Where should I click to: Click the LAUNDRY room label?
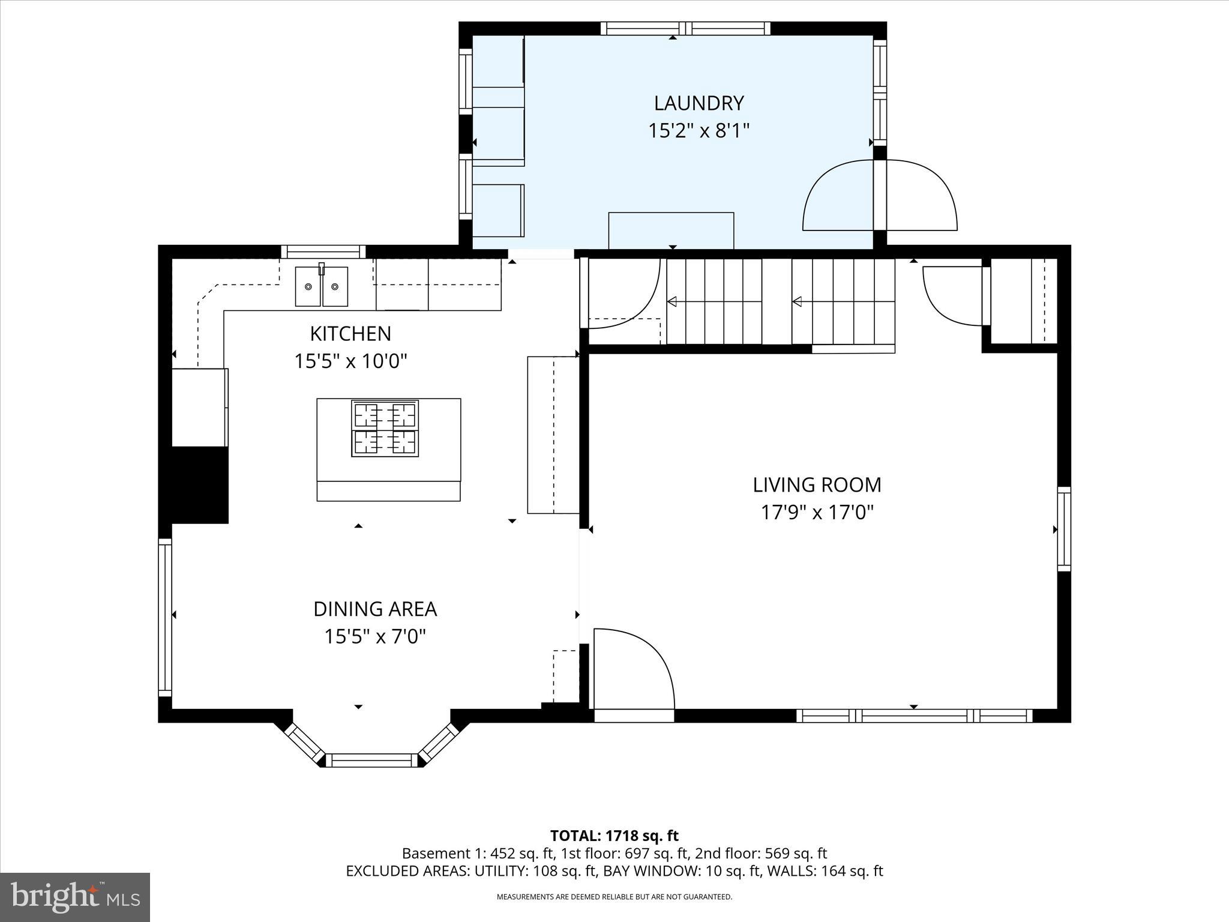click(x=699, y=103)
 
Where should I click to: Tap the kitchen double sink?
click(x=321, y=286)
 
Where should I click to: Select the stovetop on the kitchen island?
click(x=385, y=429)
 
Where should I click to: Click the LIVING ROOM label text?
click(x=817, y=484)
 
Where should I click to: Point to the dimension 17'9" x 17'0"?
click(x=817, y=512)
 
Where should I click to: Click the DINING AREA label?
click(x=374, y=609)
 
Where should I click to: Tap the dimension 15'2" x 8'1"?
click(x=699, y=130)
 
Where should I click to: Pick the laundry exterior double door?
click(x=880, y=195)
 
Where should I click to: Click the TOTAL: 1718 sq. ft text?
click(x=614, y=836)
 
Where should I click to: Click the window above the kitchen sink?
click(x=323, y=252)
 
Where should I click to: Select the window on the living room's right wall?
click(x=1063, y=529)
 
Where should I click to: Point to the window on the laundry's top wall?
click(x=685, y=28)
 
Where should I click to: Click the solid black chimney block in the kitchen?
click(x=199, y=485)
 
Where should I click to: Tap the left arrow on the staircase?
click(x=673, y=301)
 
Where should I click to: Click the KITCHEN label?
click(x=350, y=334)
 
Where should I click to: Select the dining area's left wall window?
click(x=165, y=617)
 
